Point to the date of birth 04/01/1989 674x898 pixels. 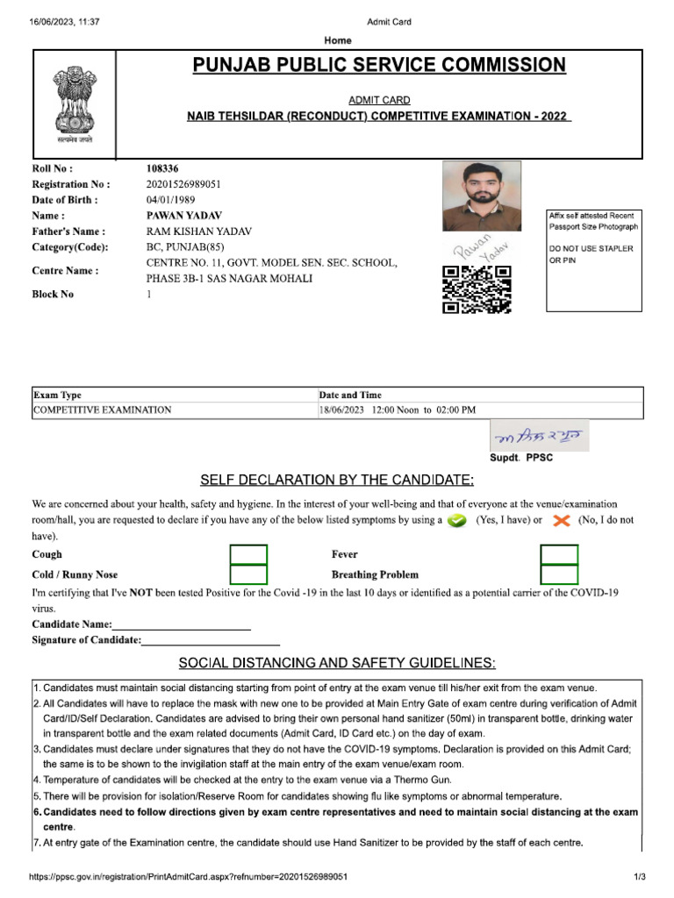pos(170,199)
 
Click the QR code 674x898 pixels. pos(477,289)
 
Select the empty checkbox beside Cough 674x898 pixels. pos(248,555)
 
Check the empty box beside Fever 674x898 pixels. pos(559,555)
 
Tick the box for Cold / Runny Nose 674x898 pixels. pos(248,575)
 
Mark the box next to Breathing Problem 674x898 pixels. pos(559,575)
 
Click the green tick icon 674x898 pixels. pos(455,521)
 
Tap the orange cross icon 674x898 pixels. pos(562,521)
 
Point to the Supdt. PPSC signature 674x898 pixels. pos(539,436)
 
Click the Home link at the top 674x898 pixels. pos(338,40)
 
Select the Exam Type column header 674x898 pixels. pos(57,395)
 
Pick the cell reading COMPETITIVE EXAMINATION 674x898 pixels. pos(102,410)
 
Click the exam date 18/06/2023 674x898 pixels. pos(343,410)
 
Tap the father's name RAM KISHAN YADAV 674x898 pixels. pos(199,231)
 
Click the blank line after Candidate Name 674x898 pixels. pos(182,626)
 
